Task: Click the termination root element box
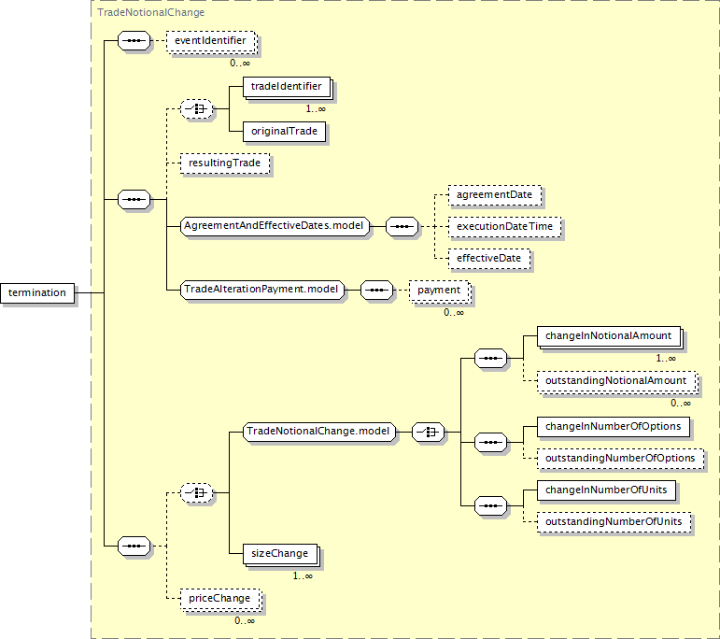37,293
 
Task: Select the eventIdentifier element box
211,41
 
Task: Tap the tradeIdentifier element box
287,87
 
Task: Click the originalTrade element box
284,132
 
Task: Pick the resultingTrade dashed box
225,163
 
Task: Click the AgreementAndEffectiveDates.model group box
275,226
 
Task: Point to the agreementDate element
495,195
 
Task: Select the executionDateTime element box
504,227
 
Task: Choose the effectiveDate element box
489,259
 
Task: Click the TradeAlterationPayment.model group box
262,290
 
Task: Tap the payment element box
440,291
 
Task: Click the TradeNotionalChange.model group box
319,432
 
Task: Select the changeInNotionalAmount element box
609,336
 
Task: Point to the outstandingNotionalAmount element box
616,381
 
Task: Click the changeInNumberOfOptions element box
614,427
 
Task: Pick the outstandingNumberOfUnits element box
614,522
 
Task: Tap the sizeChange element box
280,555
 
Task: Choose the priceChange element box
220,599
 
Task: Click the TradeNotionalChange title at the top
150,12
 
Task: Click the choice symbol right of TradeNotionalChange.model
428,432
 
